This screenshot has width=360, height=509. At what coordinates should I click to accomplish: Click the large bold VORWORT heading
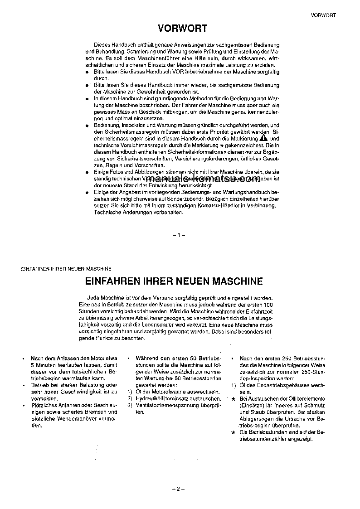[x=182, y=29]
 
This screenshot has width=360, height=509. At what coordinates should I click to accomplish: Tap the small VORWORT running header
[x=323, y=15]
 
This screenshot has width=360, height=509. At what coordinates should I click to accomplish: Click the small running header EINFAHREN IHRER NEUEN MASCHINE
[x=66, y=269]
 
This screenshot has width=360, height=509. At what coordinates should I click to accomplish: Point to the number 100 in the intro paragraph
[x=268, y=306]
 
